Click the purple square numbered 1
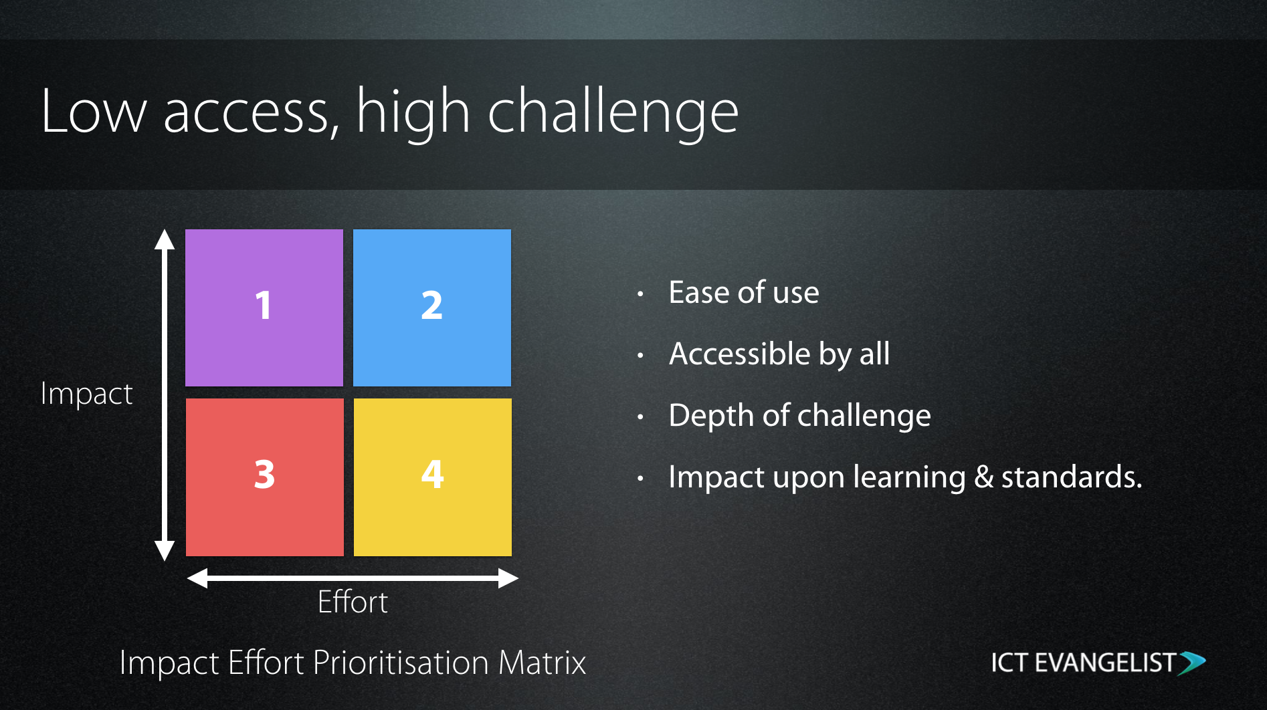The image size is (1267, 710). click(264, 308)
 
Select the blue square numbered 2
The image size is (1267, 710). click(432, 308)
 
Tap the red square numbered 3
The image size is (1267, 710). click(265, 477)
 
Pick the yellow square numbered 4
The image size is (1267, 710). click(433, 477)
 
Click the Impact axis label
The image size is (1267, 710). click(86, 394)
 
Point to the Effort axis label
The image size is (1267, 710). click(353, 602)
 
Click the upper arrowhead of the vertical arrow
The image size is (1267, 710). click(165, 239)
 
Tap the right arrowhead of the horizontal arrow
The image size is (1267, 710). click(508, 578)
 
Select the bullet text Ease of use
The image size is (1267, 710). click(744, 292)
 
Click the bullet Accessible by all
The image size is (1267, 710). click(779, 354)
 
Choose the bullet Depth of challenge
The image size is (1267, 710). click(800, 416)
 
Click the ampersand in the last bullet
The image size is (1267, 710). click(983, 477)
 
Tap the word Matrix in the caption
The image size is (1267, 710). click(542, 663)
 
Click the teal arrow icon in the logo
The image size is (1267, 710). click(1192, 663)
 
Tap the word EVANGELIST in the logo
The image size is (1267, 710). click(1106, 663)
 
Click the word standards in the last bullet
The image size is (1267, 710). click(1072, 477)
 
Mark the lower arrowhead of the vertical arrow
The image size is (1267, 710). click(165, 551)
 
